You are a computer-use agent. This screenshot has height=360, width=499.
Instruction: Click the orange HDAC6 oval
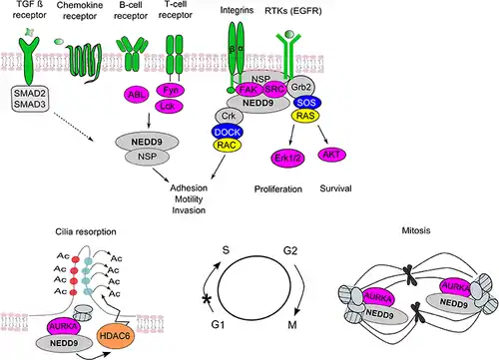[115, 336]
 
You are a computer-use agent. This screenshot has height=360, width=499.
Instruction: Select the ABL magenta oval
[137, 95]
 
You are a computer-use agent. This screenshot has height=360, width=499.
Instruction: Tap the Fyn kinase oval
[171, 90]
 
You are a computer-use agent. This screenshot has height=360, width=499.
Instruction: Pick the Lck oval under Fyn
[170, 106]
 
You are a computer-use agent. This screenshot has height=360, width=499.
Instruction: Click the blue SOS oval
[306, 103]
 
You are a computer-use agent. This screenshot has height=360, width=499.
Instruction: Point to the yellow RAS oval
[305, 116]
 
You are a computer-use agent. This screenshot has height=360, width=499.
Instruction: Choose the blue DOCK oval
[228, 132]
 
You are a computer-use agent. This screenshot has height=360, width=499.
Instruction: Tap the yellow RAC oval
[227, 145]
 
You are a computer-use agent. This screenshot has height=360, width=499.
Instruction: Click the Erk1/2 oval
[287, 158]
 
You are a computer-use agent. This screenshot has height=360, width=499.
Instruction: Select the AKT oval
[331, 155]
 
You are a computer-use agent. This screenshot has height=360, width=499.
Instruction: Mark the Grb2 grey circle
[300, 88]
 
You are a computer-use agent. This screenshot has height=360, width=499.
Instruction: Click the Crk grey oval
[229, 116]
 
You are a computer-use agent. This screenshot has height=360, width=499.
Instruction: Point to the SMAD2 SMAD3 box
[30, 99]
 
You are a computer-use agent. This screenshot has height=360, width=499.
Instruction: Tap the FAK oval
[249, 89]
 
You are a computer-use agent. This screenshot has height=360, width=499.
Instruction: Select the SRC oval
[274, 89]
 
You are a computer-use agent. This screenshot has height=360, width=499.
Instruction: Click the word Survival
[335, 188]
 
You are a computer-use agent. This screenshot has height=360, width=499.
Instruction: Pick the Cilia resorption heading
[86, 231]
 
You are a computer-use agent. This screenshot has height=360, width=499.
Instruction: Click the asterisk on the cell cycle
[208, 299]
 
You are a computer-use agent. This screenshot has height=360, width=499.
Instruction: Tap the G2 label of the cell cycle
[290, 250]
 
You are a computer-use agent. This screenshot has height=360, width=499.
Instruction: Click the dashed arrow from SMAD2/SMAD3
[73, 127]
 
